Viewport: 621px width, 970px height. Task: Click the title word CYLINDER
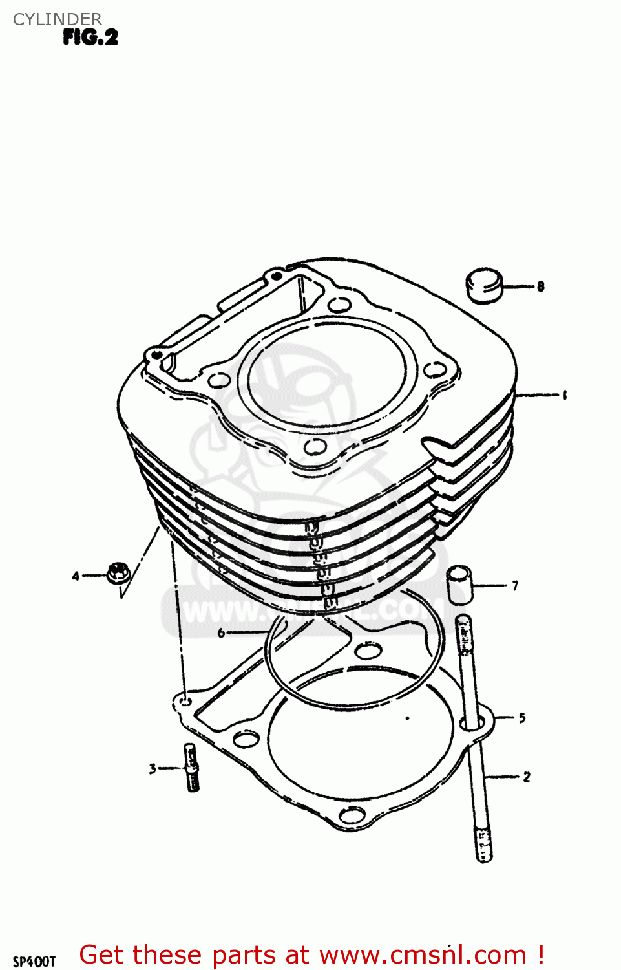coord(58,19)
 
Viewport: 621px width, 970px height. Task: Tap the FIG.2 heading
coord(90,38)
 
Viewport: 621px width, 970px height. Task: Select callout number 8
coord(540,286)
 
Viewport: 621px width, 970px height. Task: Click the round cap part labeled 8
coord(484,286)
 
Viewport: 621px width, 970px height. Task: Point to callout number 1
coord(564,394)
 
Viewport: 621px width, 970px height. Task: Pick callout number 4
coord(76,576)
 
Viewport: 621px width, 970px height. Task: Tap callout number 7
coord(514,586)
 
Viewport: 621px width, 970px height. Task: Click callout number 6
coord(221,632)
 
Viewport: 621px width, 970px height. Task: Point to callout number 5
coord(521,718)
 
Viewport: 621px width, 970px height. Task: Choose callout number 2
coord(526,777)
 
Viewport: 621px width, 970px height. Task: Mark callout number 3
coord(153,769)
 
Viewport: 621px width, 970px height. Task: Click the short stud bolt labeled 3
coord(192,768)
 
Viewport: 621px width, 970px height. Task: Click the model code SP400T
coord(34,962)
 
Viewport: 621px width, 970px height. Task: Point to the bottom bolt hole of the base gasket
coord(352,815)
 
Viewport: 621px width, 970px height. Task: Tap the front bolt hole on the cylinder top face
coord(314,447)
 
